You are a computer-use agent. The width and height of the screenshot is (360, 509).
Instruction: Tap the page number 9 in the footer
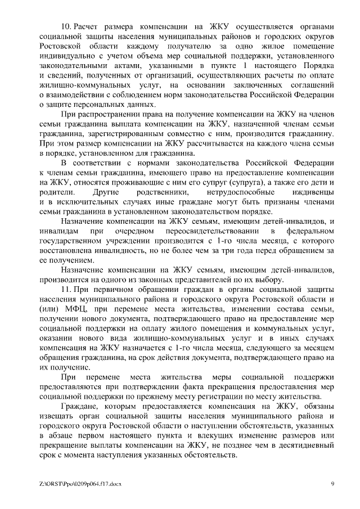(332, 484)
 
